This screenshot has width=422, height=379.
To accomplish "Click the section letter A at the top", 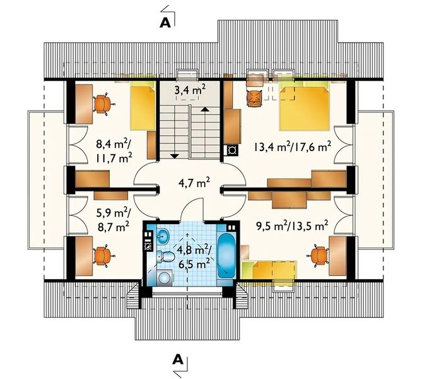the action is (165, 23).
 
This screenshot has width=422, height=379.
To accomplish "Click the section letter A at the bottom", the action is (178, 359).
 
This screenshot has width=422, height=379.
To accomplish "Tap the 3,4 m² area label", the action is (190, 90).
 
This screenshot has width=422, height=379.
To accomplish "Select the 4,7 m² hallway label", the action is (194, 183).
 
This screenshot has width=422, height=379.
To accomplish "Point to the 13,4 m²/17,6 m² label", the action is (291, 147).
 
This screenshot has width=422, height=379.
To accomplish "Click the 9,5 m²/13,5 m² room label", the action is (291, 224).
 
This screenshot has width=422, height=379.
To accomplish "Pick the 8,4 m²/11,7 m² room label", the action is (114, 150).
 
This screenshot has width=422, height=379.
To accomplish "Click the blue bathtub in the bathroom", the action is (226, 255).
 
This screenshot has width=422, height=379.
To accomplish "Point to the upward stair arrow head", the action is (205, 109).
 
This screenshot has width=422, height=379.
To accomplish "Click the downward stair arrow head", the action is (175, 155).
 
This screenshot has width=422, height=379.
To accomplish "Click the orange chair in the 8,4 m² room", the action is (103, 104).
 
